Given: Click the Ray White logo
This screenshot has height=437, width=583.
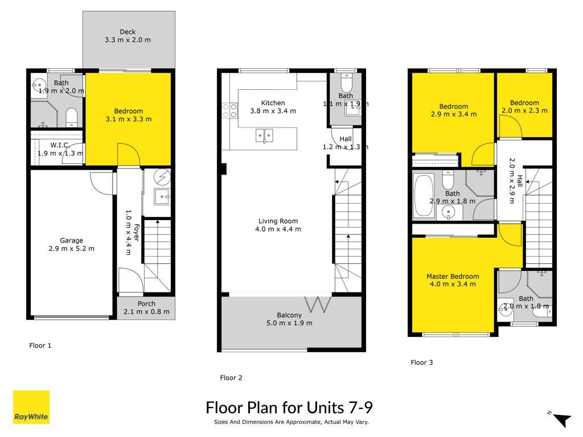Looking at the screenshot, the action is pyautogui.click(x=31, y=407).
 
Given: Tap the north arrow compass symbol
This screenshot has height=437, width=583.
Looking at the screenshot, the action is pyautogui.click(x=561, y=419).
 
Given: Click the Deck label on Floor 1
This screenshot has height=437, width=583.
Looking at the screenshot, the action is pyautogui.click(x=128, y=32).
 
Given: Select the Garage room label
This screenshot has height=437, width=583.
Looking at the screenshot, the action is pyautogui.click(x=71, y=241).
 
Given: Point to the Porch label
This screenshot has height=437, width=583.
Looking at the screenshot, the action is pyautogui.click(x=146, y=304).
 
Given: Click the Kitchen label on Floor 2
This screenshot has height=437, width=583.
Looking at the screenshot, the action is pyautogui.click(x=273, y=103).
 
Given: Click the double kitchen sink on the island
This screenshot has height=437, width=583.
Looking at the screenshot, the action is pyautogui.click(x=264, y=135).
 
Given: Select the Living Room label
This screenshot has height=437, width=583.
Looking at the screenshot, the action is pyautogui.click(x=278, y=221).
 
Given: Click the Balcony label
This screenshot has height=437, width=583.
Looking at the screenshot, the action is pyautogui.click(x=289, y=315).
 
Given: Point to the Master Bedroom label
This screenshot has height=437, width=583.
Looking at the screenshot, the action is pyautogui.click(x=453, y=276).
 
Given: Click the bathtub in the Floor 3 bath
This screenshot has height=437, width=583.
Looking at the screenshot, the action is pyautogui.click(x=424, y=195).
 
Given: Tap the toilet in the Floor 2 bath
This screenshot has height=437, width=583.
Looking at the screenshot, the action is pyautogui.click(x=346, y=83).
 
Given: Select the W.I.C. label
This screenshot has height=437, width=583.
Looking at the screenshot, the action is pyautogui.click(x=60, y=145).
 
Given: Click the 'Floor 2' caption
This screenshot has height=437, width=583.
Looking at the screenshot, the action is pyautogui.click(x=231, y=378).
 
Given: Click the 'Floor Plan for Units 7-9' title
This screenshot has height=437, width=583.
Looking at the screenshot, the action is pyautogui.click(x=289, y=407).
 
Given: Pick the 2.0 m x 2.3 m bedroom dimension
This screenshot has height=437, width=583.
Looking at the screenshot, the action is pyautogui.click(x=524, y=110).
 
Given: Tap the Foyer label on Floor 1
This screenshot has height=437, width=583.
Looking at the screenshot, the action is pyautogui.click(x=137, y=233).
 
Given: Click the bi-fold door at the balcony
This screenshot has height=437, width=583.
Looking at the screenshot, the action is pyautogui.click(x=318, y=304).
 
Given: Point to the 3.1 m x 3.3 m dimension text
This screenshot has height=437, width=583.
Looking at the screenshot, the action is pyautogui.click(x=129, y=119).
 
